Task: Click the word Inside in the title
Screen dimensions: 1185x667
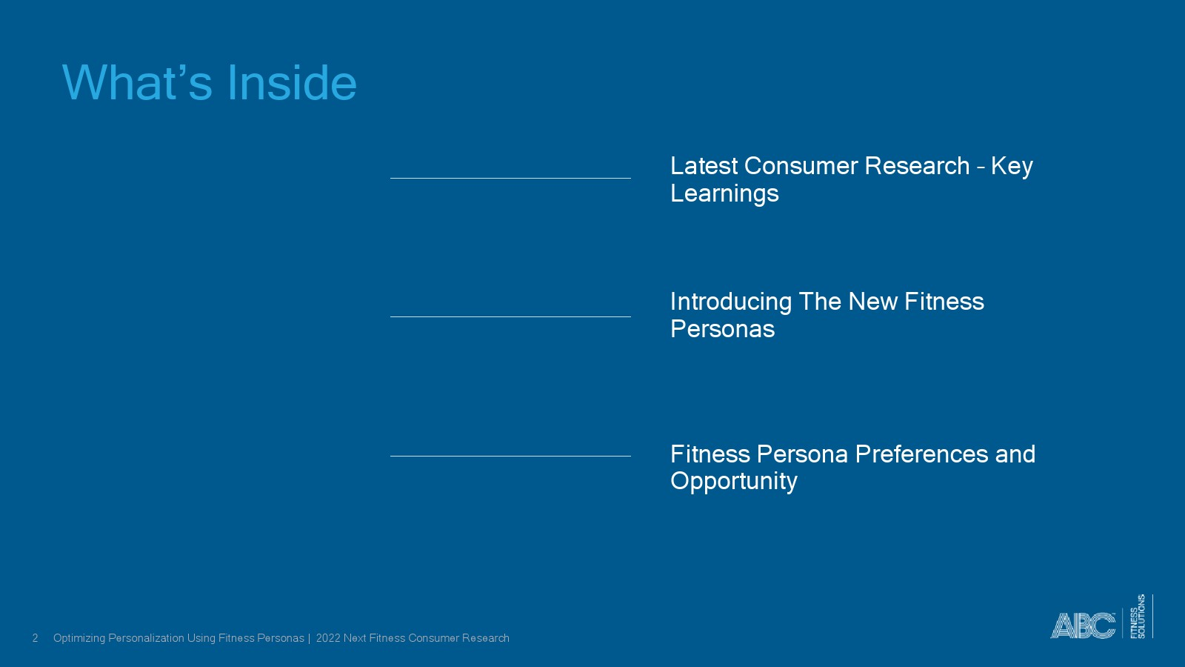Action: click(292, 82)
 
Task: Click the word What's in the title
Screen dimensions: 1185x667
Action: click(137, 82)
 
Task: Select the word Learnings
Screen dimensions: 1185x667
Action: click(724, 193)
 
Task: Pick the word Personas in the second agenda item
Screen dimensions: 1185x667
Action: click(722, 329)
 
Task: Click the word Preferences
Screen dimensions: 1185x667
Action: click(921, 454)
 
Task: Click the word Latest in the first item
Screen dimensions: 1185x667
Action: click(704, 166)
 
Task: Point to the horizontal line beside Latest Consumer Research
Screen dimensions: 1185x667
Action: click(510, 179)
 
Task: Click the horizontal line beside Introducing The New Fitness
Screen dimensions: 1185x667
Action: click(510, 317)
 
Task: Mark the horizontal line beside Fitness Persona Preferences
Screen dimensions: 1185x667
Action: click(510, 456)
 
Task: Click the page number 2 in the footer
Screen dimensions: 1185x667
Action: click(36, 638)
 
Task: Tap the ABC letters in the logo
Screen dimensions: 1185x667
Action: click(1082, 625)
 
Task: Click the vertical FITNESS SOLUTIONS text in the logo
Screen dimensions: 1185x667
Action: click(1138, 616)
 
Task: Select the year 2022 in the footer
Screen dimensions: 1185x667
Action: click(328, 638)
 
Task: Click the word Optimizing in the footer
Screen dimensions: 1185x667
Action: click(79, 638)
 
